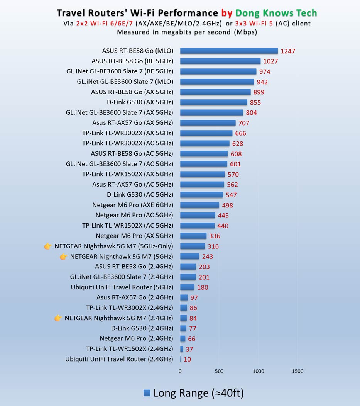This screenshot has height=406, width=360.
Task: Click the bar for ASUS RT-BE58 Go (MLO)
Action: coord(229,51)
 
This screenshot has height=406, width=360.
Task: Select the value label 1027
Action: coord(270,61)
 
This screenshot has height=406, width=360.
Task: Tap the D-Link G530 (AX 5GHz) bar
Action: coord(213,102)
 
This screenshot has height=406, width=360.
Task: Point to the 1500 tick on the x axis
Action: coord(297,372)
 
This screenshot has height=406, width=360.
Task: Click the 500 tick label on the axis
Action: coord(219,372)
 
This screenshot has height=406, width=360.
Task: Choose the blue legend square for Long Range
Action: coord(147,393)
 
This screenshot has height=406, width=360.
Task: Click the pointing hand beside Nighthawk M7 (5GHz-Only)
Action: coord(48,246)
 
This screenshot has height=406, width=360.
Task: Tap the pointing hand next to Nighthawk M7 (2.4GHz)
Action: coord(58,318)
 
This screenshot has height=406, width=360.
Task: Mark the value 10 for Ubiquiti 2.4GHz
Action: coord(187,359)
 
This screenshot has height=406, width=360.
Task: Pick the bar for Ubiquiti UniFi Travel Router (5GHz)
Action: coord(187,287)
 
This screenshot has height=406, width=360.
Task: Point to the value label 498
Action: coord(227,205)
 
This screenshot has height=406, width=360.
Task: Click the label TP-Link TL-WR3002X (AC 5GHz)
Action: coord(127,143)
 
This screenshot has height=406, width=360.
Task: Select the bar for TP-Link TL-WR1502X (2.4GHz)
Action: coord(182,349)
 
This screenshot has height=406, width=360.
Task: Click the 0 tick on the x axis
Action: coord(180,372)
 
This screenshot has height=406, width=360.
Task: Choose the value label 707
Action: coord(243,123)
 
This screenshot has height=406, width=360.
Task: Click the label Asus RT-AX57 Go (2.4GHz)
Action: coord(135,297)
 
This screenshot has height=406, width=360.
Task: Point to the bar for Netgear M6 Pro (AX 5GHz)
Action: coord(193,236)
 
